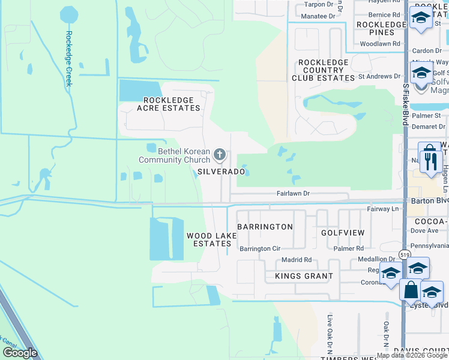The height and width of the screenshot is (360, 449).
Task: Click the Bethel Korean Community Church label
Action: pyautogui.click(x=174, y=155)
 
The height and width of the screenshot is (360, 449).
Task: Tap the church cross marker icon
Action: pyautogui.click(x=220, y=155)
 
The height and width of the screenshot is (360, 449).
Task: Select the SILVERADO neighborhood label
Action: pyautogui.click(x=221, y=172)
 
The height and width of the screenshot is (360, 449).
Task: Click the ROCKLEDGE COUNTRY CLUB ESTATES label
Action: pyautogui.click(x=323, y=70)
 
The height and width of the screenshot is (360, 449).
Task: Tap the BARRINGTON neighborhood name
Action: pyautogui.click(x=265, y=227)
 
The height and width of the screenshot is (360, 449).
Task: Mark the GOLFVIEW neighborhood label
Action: pyautogui.click(x=342, y=232)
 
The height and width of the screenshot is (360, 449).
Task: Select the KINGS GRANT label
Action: pyautogui.click(x=304, y=276)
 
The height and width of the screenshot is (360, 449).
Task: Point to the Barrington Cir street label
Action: pyautogui.click(x=260, y=248)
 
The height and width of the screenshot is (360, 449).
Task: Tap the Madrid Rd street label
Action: pyautogui.click(x=297, y=260)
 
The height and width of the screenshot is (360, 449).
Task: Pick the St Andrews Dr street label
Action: pyautogui.click(x=379, y=76)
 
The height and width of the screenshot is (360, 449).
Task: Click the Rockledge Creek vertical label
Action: pyautogui.click(x=69, y=58)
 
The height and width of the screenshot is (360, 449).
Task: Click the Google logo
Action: pyautogui.click(x=20, y=353)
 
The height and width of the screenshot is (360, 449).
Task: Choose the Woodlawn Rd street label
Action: pyautogui.click(x=380, y=44)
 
